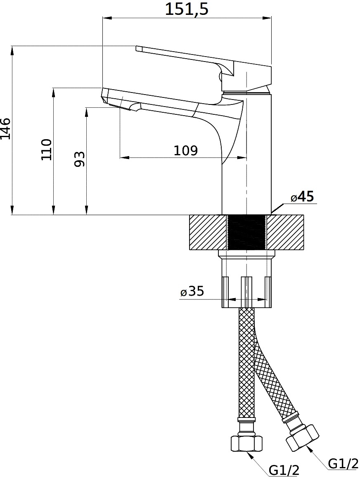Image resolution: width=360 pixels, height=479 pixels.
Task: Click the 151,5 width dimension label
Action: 187,9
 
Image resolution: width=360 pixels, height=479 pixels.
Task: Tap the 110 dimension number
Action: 47,149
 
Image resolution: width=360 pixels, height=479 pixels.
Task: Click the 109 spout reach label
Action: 186,150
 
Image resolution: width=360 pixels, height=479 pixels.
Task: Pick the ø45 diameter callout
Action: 302,197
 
